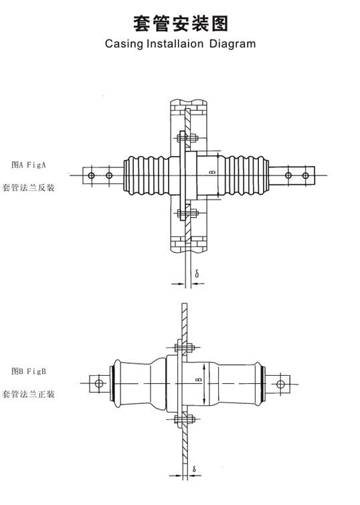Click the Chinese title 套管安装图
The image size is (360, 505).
[181, 23]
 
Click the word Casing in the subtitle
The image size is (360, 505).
[124, 44]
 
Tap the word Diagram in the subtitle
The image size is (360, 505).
[232, 44]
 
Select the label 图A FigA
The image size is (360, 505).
[29, 165]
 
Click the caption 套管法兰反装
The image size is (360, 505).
[28, 188]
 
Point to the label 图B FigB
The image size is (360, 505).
[29, 371]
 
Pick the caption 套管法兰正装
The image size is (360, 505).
[28, 394]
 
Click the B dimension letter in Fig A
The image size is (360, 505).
[212, 173]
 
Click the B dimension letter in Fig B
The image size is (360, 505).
[199, 380]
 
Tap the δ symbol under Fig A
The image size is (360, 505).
[197, 274]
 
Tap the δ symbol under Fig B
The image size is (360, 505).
[194, 470]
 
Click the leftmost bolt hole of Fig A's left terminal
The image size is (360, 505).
[92, 175]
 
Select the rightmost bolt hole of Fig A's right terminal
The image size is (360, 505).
[305, 175]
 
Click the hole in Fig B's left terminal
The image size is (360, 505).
[99, 384]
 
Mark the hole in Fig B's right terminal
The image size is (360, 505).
[280, 384]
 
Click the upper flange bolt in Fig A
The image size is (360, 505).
[187, 138]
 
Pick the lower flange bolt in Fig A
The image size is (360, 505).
[187, 214]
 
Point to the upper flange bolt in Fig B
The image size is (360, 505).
[184, 348]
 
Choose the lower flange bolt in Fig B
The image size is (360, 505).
[184, 419]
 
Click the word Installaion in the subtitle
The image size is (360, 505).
[175, 44]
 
